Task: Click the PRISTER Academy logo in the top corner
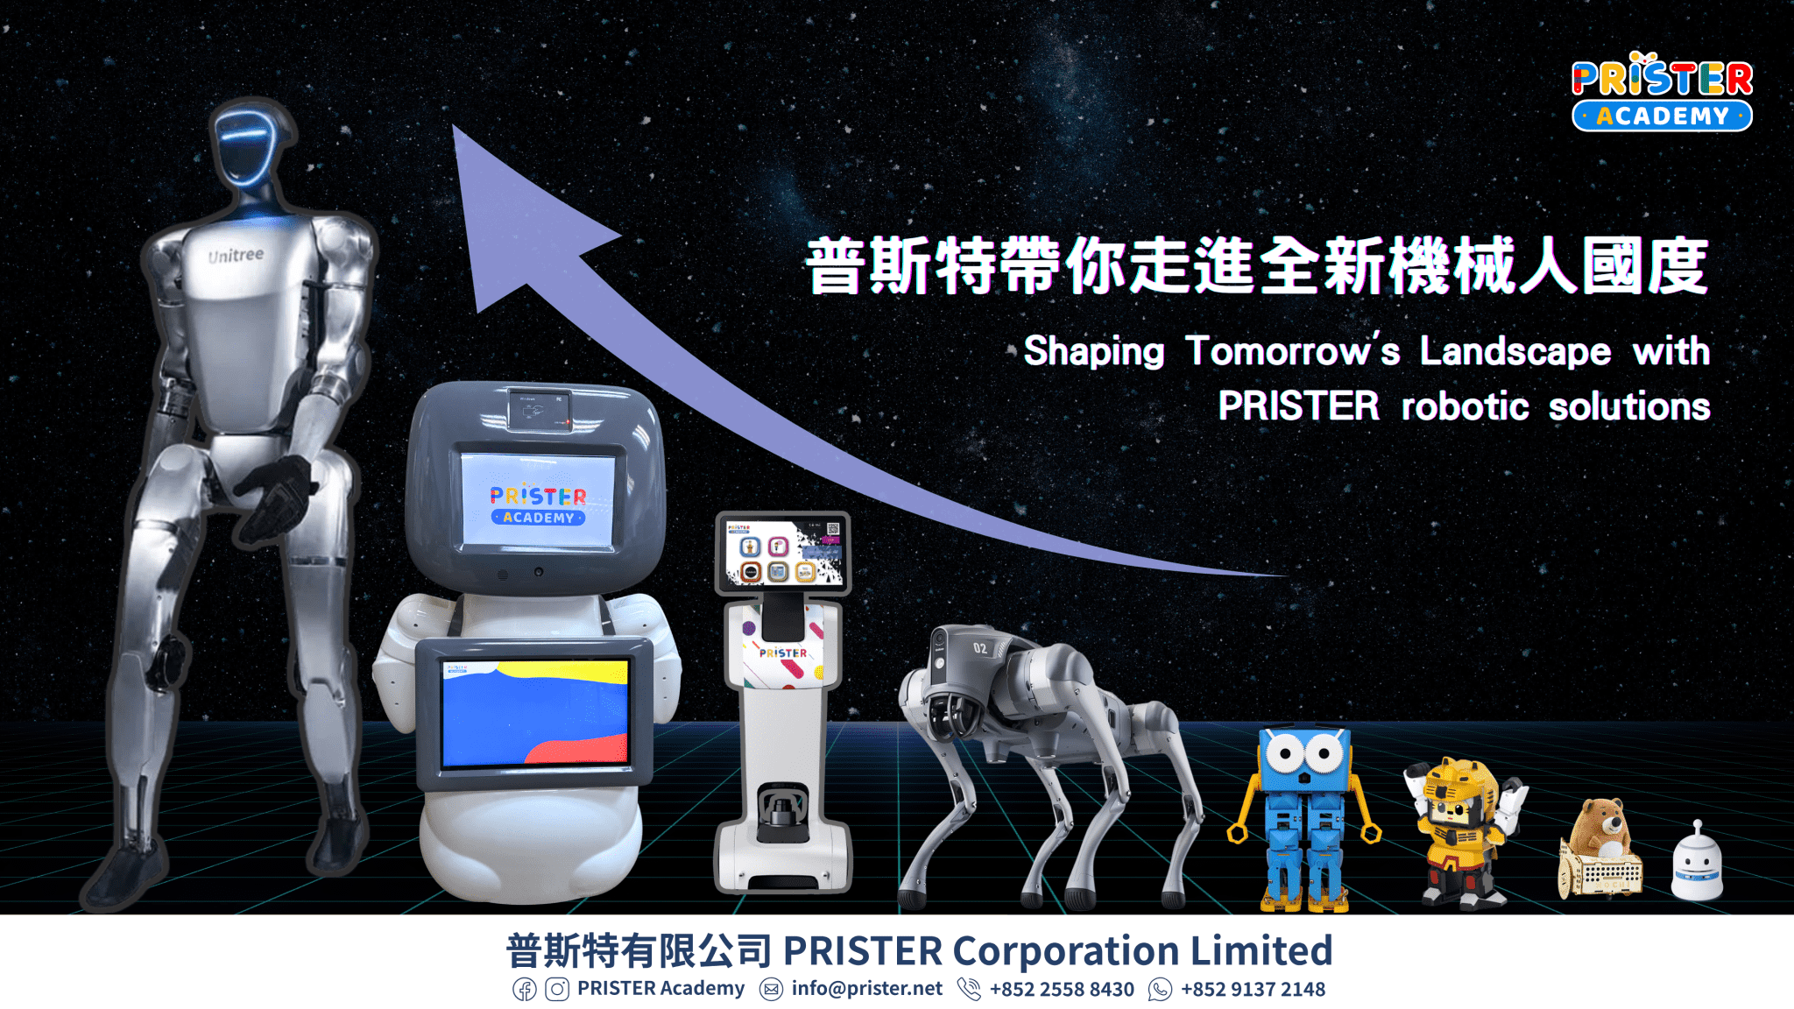click(1662, 91)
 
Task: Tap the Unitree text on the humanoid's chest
click(236, 255)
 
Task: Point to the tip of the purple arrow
click(454, 126)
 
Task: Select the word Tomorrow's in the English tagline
click(1292, 350)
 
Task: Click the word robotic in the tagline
click(1465, 406)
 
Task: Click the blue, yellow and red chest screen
click(535, 713)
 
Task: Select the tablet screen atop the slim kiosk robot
click(783, 552)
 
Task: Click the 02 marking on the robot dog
click(980, 648)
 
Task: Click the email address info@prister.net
click(866, 989)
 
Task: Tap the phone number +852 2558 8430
click(1062, 990)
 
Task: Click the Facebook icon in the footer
click(525, 990)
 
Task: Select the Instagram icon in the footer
click(557, 990)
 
